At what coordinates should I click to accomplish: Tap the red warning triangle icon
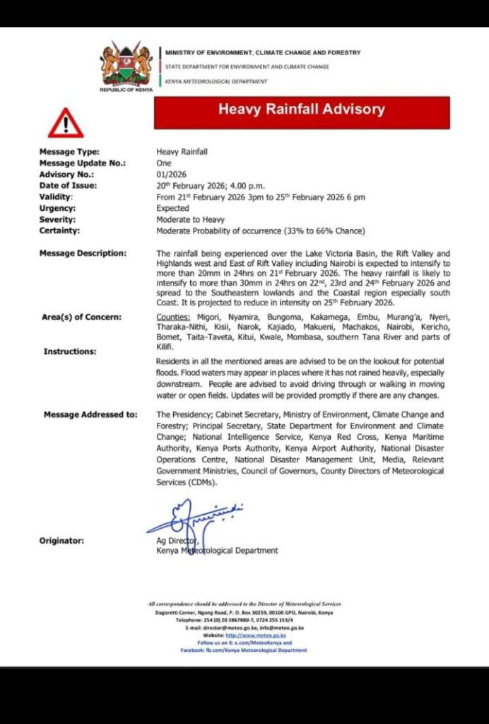tap(66, 124)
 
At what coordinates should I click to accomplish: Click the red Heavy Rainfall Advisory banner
tap(302, 110)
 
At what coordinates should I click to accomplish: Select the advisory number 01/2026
tap(170, 174)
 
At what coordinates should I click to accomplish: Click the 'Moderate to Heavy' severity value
tap(189, 220)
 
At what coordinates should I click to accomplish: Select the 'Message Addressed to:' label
tap(90, 414)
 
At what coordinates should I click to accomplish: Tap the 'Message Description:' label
tap(83, 253)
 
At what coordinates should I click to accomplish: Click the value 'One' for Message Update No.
tap(164, 163)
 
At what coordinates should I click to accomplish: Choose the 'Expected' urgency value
tap(173, 209)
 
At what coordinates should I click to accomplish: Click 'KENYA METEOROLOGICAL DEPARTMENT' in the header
tap(216, 81)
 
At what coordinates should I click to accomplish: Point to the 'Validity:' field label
tap(56, 197)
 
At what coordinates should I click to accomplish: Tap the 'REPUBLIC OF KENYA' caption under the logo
tap(126, 90)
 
